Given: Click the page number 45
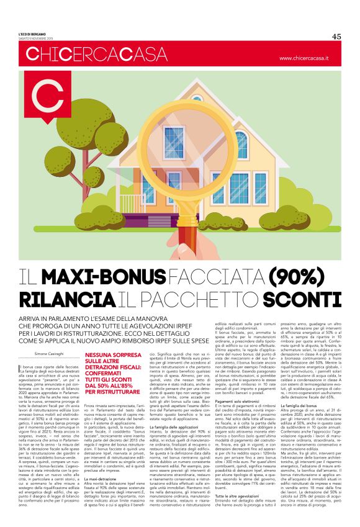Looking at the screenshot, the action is click(336, 37).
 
